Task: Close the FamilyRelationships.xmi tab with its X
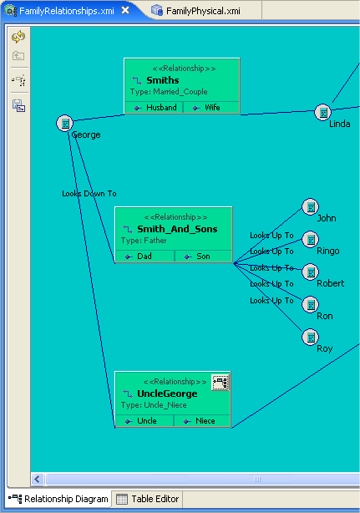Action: pos(124,10)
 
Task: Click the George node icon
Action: pos(65,124)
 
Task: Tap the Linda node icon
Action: pos(323,112)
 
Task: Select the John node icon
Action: pos(310,206)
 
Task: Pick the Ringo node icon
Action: pos(310,240)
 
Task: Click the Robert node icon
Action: pos(310,272)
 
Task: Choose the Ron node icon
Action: pos(310,305)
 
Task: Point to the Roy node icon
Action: pos(310,338)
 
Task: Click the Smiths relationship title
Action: pos(162,80)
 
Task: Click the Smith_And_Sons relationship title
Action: pos(172,229)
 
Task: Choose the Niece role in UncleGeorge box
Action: pos(203,421)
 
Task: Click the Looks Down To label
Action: pos(89,193)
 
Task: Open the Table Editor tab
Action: pos(149,499)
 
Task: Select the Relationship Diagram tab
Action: pos(60,499)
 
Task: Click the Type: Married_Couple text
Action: pos(169,92)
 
